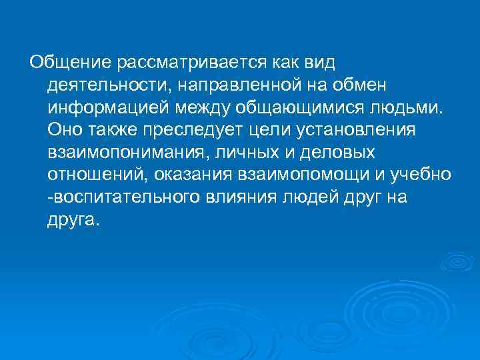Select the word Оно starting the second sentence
coord(64,130)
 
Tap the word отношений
coord(97,175)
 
